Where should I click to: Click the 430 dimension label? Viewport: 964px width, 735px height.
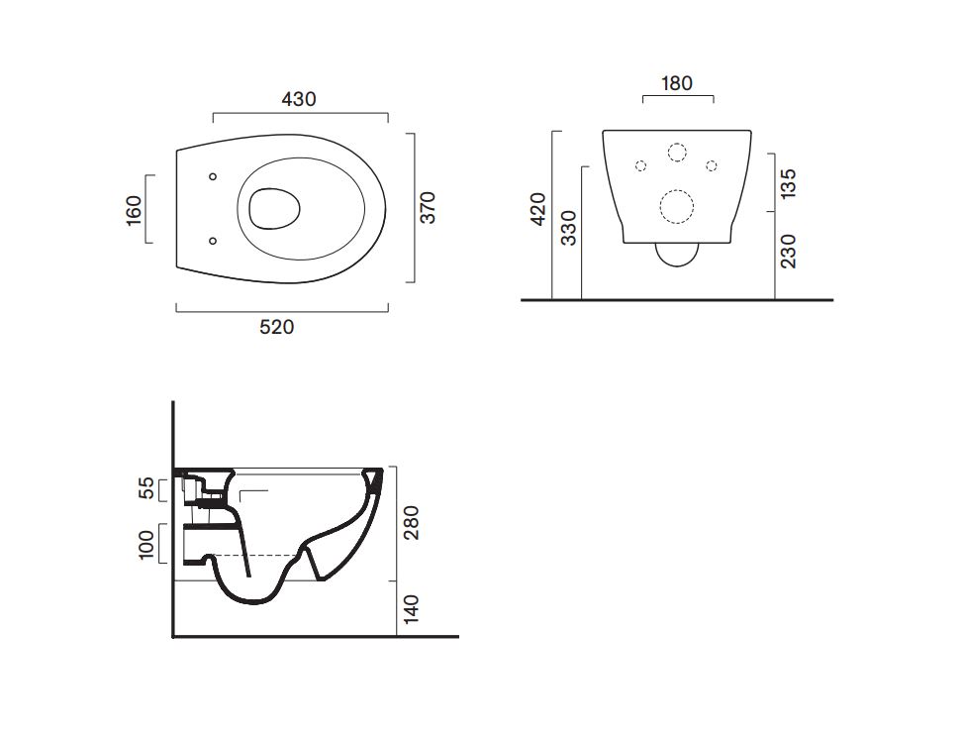pyautogui.click(x=299, y=99)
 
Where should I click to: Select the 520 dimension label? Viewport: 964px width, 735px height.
pyautogui.click(x=277, y=327)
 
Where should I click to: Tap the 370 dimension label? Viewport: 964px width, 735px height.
pyautogui.click(x=428, y=207)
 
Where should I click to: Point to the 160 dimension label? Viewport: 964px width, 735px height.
pyautogui.click(x=134, y=210)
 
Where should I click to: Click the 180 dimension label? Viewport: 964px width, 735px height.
pyautogui.click(x=677, y=83)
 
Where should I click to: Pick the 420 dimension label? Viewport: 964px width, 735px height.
pyautogui.click(x=538, y=209)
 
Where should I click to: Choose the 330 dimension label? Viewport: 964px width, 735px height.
pyautogui.click(x=569, y=228)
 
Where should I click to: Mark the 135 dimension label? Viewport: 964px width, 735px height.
pyautogui.click(x=788, y=183)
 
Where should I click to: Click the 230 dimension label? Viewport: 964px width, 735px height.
pyautogui.click(x=788, y=251)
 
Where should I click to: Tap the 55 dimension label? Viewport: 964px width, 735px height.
pyautogui.click(x=146, y=488)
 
